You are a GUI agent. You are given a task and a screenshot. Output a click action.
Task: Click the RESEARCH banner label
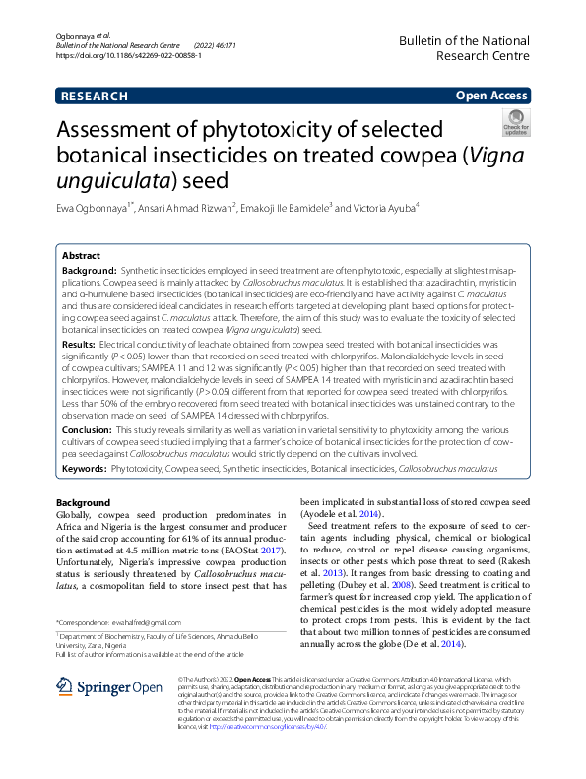pyautogui.click(x=95, y=97)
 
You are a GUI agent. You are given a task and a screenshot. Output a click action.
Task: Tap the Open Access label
pyautogui.click(x=492, y=97)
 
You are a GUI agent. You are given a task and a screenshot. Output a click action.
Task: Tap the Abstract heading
pyautogui.click(x=81, y=254)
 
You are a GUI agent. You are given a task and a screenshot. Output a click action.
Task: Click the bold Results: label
pyautogui.click(x=79, y=346)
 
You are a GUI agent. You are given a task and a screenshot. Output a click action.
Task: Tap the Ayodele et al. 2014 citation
pyautogui.click(x=341, y=514)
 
